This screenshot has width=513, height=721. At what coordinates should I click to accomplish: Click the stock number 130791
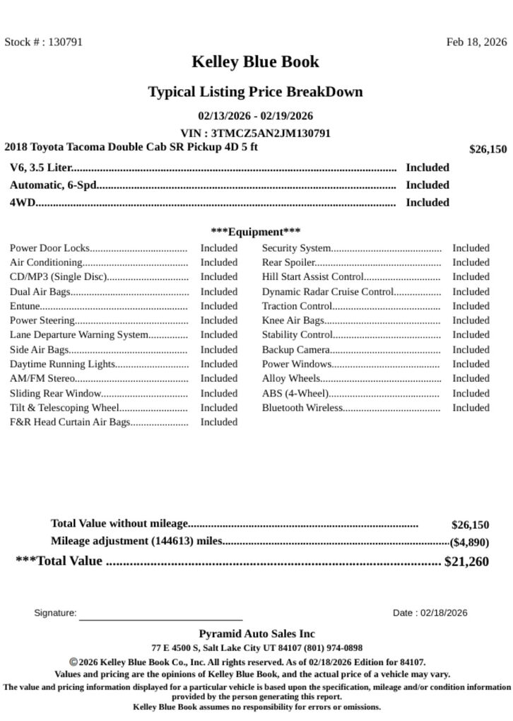(x=65, y=42)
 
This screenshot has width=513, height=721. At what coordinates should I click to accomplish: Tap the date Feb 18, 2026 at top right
(x=476, y=42)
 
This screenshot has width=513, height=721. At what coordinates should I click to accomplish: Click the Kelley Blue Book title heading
(x=255, y=62)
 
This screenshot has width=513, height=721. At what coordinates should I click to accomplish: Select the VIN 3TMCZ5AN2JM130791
(x=271, y=133)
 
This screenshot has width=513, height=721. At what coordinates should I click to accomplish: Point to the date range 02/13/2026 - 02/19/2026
(x=255, y=116)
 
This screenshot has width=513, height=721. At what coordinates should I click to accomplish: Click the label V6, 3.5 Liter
(x=40, y=168)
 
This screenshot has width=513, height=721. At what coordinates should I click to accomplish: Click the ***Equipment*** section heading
(x=255, y=232)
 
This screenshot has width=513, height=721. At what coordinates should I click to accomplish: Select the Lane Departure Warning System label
(x=79, y=334)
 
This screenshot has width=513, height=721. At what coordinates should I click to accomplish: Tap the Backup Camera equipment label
(x=296, y=350)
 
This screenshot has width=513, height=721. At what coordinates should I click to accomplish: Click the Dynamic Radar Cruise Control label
(x=327, y=291)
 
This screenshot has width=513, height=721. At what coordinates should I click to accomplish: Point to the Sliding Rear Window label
(x=56, y=393)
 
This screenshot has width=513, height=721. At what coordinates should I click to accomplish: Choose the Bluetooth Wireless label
(x=302, y=408)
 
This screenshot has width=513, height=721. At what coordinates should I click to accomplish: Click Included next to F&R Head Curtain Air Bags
(x=218, y=422)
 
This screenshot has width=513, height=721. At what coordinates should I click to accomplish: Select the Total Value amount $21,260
(x=466, y=562)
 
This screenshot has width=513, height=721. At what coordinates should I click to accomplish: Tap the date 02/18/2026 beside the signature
(x=444, y=613)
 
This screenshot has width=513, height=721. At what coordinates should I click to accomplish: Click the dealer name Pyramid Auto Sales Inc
(x=256, y=634)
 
